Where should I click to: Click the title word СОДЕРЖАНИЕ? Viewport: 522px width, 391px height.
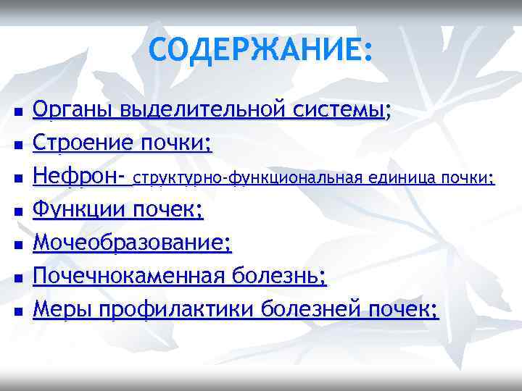click(257, 49)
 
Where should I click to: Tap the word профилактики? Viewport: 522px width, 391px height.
click(177, 310)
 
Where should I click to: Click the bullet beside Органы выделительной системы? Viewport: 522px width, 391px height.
click(19, 113)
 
